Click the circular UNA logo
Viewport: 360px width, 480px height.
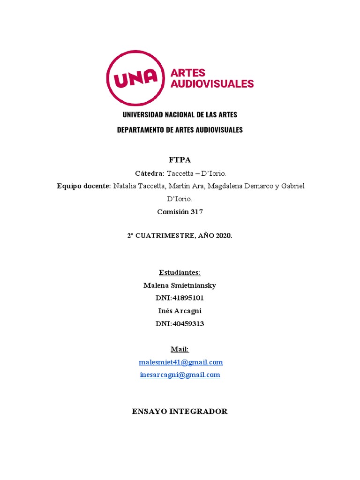point(136,78)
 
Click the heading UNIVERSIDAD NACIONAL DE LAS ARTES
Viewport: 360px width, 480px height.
point(180,115)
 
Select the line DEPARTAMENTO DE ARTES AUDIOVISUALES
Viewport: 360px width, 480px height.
point(180,130)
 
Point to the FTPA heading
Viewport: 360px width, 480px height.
point(180,160)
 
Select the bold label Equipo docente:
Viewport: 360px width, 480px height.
point(84,186)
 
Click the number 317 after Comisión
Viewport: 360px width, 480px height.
point(196,212)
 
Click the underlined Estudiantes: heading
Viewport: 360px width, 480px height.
point(180,272)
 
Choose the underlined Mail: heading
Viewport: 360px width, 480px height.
point(180,349)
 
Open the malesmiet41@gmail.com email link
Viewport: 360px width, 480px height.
point(181,362)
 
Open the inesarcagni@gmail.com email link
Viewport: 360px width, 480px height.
point(180,375)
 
